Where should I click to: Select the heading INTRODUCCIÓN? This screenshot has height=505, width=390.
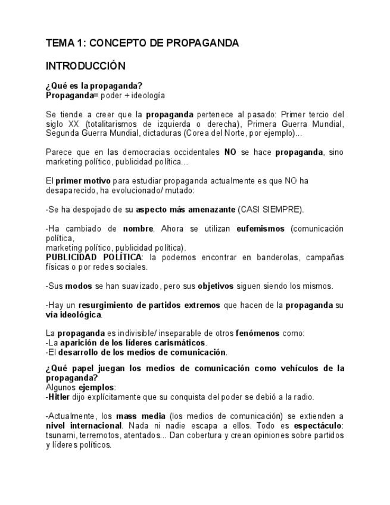click(x=85, y=66)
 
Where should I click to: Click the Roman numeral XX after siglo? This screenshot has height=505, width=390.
click(x=71, y=123)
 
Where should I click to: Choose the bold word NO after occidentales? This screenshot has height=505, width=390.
click(x=230, y=152)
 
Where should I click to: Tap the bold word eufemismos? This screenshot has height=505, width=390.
click(x=261, y=228)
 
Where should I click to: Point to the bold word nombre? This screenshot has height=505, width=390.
click(x=138, y=228)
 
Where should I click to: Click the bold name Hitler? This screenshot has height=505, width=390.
click(x=59, y=397)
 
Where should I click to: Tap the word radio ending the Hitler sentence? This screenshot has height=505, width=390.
click(x=303, y=397)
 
